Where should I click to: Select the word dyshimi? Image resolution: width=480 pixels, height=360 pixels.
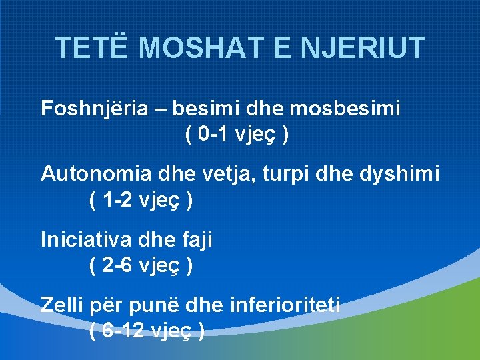tap(399, 174)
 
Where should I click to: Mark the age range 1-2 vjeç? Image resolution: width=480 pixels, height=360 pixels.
tap(141, 200)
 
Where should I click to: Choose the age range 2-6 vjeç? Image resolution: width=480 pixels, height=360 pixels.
tap(141, 265)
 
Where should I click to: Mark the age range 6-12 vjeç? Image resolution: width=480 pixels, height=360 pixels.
tap(147, 331)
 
